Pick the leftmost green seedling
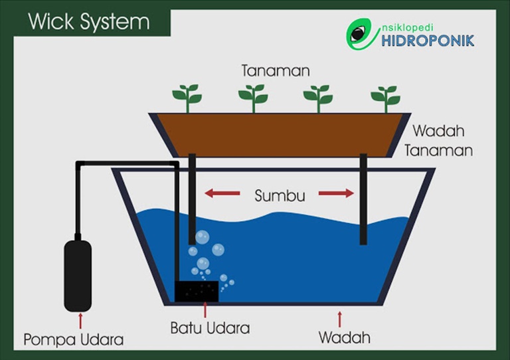187,98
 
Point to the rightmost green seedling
384,98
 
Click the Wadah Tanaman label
442,139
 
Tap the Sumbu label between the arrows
280,196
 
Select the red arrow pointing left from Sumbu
221,194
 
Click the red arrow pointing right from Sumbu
337,194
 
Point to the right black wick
363,199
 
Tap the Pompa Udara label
74,340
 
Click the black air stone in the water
197,291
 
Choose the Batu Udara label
210,328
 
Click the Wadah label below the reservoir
344,337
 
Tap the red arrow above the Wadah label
340,317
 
